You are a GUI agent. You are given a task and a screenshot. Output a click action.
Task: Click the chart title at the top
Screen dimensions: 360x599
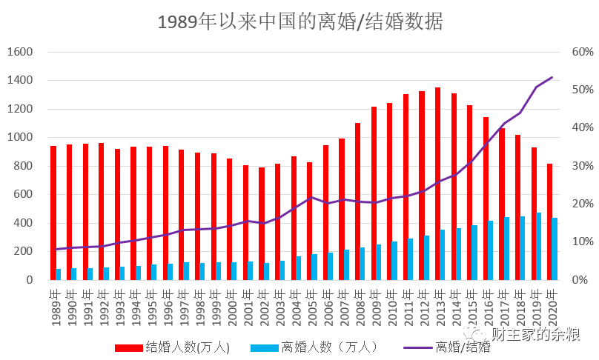click(299, 21)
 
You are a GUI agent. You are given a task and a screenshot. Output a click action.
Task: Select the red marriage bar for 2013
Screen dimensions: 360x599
click(437, 184)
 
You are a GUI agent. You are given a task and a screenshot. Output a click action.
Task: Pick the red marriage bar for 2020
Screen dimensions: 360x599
click(549, 221)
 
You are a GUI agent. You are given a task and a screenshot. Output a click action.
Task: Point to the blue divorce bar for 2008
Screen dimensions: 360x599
click(363, 263)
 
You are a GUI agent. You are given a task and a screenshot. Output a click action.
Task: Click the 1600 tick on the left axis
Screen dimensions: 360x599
click(21, 52)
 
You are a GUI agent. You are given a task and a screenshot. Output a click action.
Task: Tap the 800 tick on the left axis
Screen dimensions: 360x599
click(24, 166)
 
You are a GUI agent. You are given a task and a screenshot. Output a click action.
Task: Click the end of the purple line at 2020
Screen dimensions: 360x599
click(552, 77)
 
